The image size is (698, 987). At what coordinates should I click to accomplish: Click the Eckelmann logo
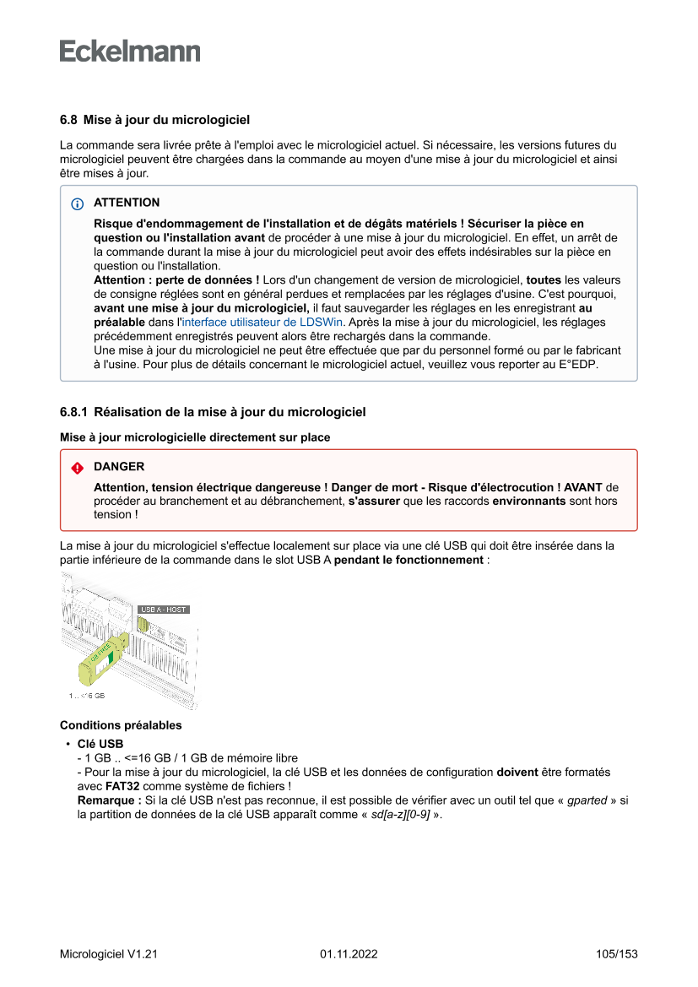coord(130,52)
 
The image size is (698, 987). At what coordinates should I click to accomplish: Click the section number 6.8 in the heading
coord(68,120)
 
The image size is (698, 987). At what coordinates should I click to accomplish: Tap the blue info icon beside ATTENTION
coord(78,203)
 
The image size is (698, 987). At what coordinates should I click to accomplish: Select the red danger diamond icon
coord(78,467)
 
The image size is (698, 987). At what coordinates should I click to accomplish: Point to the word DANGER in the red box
coord(119,467)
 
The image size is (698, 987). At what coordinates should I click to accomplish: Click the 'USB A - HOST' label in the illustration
coord(163,609)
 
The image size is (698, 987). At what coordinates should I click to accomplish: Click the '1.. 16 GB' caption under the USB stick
coord(87,696)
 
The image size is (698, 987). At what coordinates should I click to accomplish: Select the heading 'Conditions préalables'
coord(121,725)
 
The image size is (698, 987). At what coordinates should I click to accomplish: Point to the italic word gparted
coord(587,800)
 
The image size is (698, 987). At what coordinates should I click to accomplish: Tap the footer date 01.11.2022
coord(349,954)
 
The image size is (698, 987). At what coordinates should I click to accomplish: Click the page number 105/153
coord(616,954)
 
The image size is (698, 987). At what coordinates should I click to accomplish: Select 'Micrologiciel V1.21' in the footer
coord(109,954)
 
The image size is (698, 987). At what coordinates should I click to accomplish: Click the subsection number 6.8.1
coord(73,413)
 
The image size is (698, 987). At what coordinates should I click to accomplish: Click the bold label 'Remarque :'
coord(109,800)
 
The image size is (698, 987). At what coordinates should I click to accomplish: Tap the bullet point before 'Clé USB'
coord(66,744)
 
